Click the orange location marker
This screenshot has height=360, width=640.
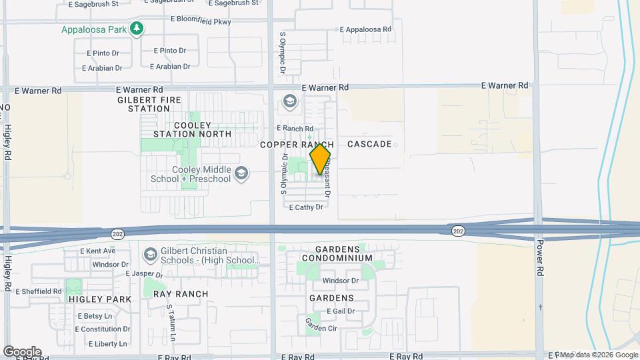320,159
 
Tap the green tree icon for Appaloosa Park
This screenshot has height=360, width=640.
137,29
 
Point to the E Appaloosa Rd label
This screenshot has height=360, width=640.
367,29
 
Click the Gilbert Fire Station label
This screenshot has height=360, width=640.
144,103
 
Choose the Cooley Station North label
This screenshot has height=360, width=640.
192,129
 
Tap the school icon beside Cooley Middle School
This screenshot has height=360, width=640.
241,174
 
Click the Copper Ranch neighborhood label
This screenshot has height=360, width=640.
297,145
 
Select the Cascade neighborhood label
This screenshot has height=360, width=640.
369,144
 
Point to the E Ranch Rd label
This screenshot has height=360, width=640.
295,128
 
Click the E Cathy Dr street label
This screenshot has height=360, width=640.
306,207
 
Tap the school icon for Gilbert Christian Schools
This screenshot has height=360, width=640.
151,254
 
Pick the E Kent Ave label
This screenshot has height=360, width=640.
97,251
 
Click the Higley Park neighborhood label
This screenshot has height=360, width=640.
100,299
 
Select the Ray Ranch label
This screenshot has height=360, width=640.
181,293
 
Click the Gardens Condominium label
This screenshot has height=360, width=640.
336,253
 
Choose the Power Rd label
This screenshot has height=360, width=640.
540,250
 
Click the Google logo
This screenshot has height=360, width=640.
22,351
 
